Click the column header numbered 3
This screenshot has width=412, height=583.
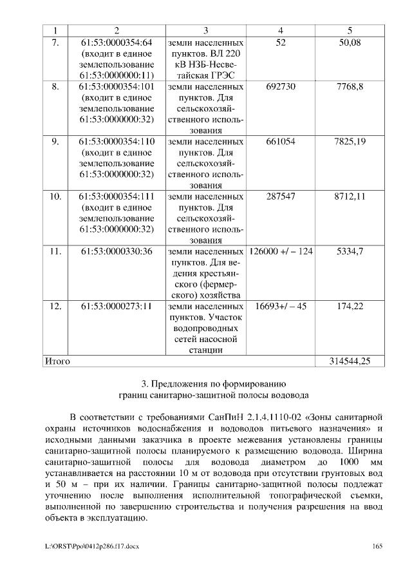[205, 30]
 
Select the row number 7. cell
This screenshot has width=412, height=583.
[55, 43]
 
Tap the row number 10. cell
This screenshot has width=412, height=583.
[55, 196]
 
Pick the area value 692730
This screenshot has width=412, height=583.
[280, 86]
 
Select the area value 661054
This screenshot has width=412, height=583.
[280, 141]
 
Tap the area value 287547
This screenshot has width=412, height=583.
[280, 196]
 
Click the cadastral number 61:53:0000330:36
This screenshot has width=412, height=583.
[117, 251]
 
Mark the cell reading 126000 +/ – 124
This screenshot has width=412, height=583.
[281, 251]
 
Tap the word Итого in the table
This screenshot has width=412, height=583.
[57, 361]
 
